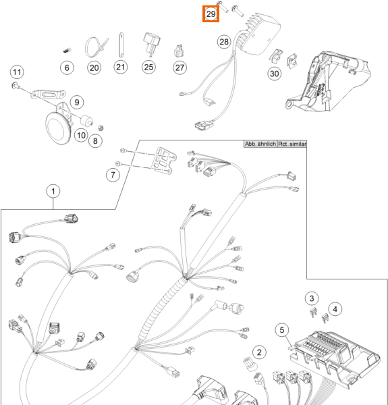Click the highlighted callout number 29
[211, 13]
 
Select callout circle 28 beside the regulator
[224, 42]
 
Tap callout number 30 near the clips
[274, 74]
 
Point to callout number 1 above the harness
[53, 192]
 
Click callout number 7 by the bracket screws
[113, 175]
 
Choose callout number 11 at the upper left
[17, 72]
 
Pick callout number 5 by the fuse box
[282, 330]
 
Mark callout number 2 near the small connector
[259, 352]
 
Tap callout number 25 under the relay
[148, 67]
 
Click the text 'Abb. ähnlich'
[260, 144]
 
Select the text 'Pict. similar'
[292, 144]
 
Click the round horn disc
[58, 128]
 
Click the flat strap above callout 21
[121, 45]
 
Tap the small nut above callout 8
[101, 128]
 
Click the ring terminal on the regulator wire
[183, 94]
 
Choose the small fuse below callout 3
[313, 313]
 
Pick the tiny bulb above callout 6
[67, 51]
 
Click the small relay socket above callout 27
[179, 51]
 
